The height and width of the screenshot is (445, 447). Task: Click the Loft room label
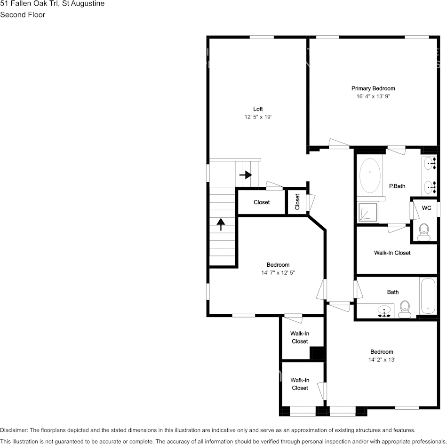258,109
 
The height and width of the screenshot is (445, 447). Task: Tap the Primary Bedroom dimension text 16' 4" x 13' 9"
373,96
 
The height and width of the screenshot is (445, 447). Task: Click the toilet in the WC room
424,232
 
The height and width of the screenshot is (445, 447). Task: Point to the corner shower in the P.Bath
368,212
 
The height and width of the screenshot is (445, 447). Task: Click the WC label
426,208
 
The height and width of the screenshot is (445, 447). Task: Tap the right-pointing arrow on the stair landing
246,175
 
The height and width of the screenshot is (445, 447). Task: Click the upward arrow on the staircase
221,224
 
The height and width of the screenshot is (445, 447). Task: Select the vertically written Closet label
297,202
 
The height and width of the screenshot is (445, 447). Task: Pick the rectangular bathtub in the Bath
428,296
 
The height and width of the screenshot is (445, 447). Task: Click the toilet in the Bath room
405,310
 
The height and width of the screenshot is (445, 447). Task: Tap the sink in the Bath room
384,311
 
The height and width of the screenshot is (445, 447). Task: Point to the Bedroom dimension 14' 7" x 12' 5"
278,273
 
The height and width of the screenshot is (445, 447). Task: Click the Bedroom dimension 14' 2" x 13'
382,360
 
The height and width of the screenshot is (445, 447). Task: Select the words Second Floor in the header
23,15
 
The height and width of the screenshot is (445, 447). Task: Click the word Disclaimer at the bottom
14,430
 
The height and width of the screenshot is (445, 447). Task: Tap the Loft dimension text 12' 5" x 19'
258,117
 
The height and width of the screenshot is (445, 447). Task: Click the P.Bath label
397,186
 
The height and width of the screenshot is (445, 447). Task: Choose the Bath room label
393,292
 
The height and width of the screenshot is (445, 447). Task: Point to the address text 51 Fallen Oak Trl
29,4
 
